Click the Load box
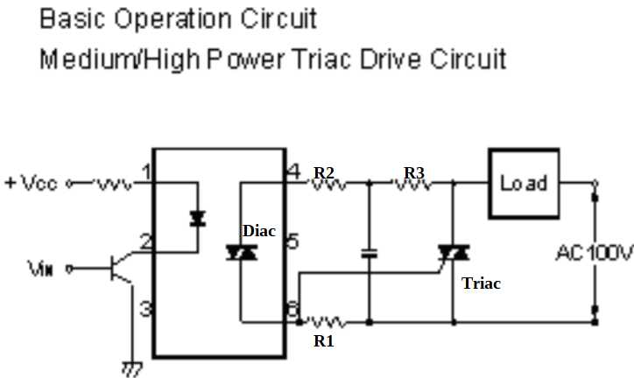coord(524,184)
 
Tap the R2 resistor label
coord(324,172)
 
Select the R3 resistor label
coord(413,172)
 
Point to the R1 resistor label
coord(324,341)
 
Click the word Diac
coord(259,231)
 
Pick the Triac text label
coord(482,283)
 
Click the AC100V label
coord(594,254)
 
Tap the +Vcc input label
coord(32,184)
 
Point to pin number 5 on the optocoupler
coord(293,241)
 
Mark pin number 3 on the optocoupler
coord(146,308)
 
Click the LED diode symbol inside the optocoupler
coord(196,218)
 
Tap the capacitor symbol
coord(369,254)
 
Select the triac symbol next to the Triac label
coord(453,254)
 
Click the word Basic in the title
coord(72,18)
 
